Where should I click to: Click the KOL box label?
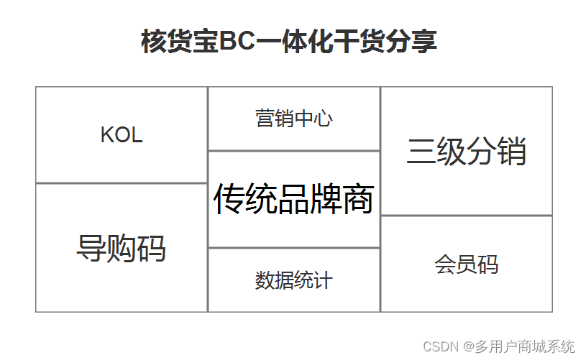point(122,135)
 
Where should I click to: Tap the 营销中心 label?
point(293,119)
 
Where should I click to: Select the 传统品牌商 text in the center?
point(293,199)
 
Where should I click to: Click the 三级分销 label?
point(466,152)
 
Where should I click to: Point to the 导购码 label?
point(121,249)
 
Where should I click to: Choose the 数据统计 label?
point(293,280)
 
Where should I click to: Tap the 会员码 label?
point(466,264)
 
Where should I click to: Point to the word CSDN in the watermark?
point(441,347)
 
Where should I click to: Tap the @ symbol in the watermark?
point(468,347)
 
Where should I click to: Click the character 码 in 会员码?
point(487,264)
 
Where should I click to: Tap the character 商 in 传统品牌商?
point(357,199)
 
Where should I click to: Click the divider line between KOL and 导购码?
point(122,183)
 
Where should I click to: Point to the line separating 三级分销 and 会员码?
point(466,216)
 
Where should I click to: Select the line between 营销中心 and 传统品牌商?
point(293,151)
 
